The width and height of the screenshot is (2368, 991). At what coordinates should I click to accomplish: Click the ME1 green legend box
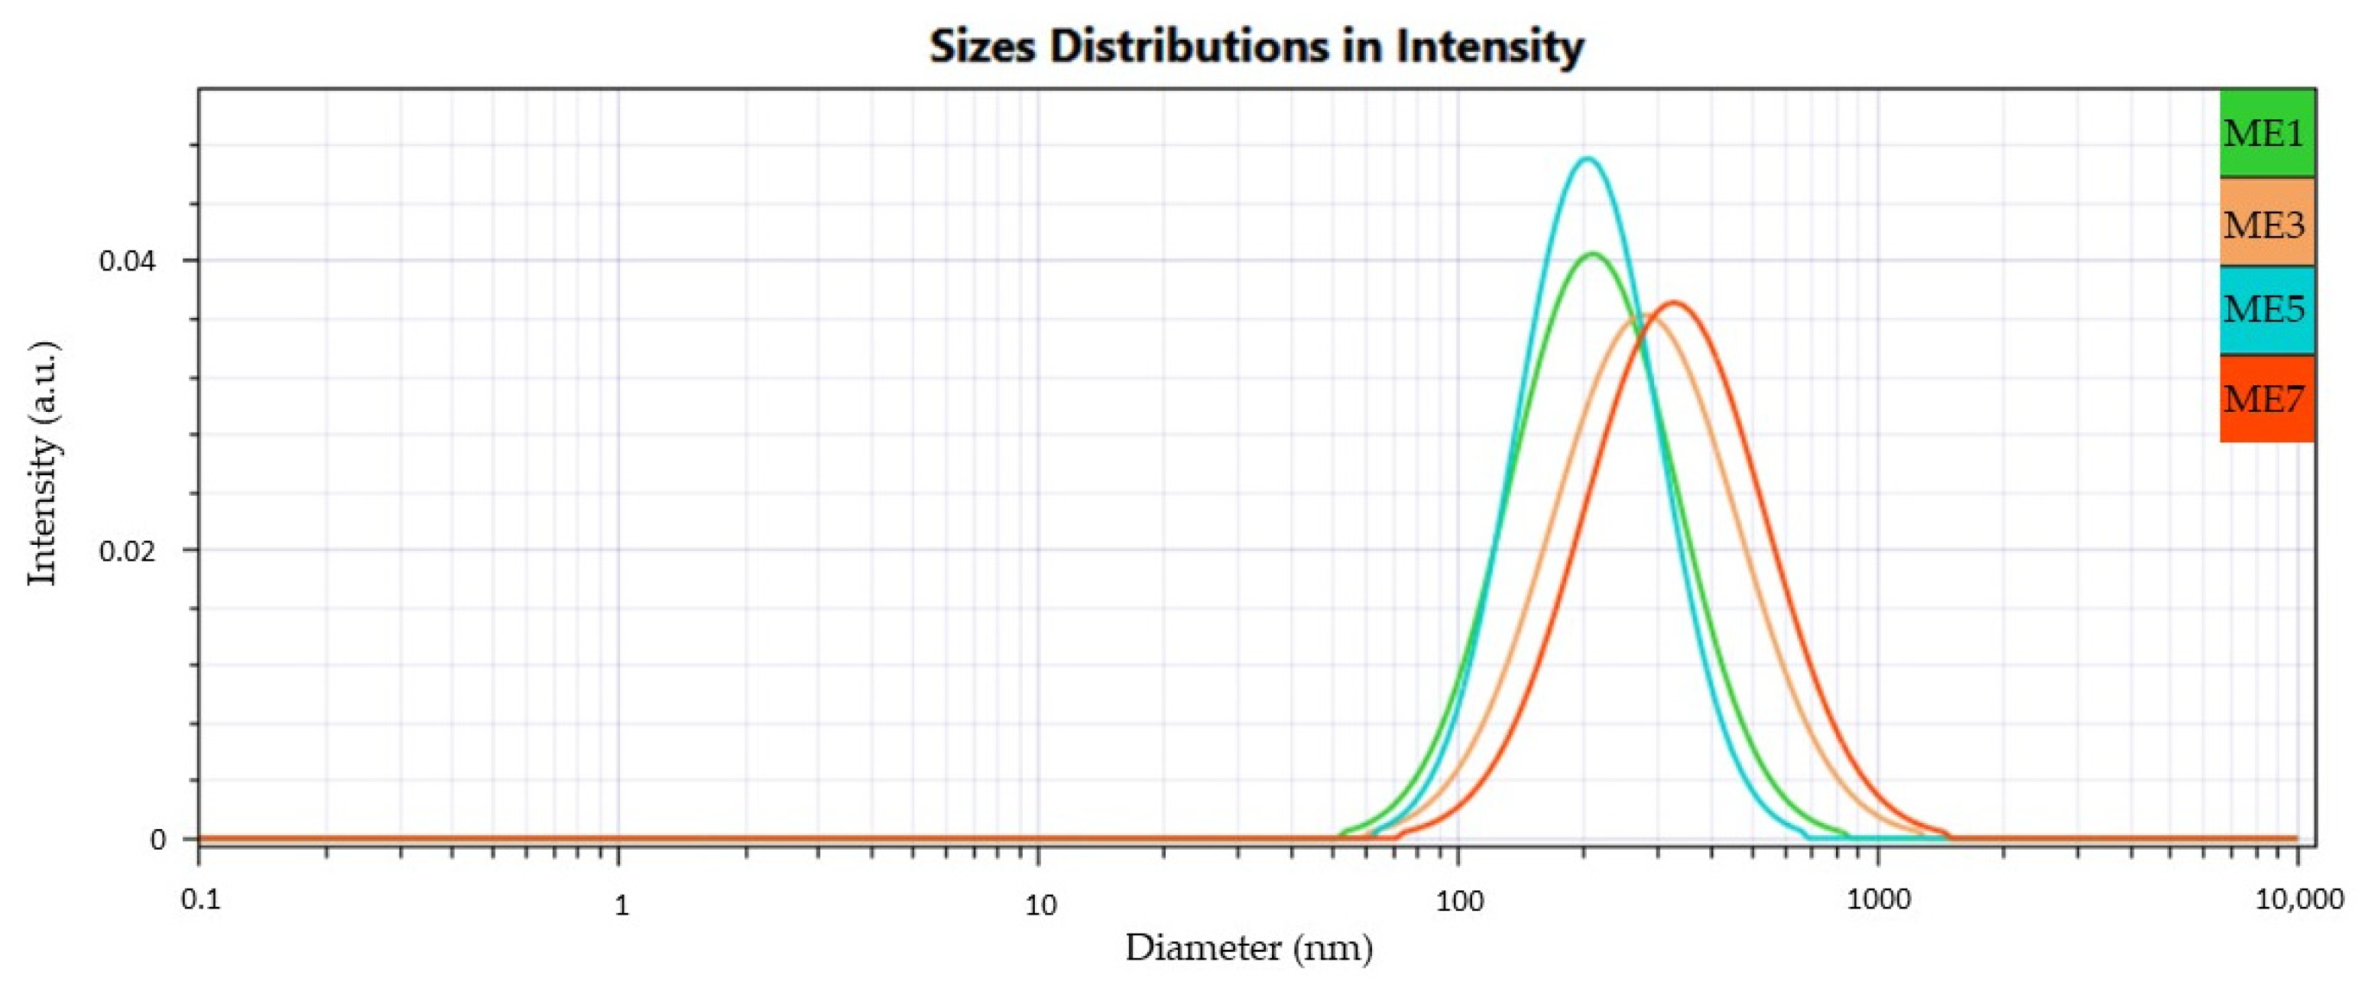(2266, 133)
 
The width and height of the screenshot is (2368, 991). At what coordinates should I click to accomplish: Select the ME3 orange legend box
(2266, 222)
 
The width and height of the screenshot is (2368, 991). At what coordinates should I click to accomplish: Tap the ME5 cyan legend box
(2266, 309)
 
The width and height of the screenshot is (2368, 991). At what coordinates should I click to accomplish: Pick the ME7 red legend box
(2266, 399)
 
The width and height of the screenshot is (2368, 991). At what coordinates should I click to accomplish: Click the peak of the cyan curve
(1587, 159)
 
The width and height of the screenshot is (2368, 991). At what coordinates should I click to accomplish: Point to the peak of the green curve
(1593, 254)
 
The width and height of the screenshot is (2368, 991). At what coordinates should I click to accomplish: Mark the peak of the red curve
(1675, 303)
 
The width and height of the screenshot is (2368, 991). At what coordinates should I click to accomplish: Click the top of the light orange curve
(1642, 316)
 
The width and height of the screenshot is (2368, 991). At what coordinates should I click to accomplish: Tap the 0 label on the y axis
(159, 839)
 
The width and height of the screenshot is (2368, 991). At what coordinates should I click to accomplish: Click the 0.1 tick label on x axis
(200, 901)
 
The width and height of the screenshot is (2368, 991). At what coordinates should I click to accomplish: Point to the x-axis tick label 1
(621, 905)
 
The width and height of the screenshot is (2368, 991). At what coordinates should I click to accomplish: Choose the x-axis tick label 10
(1040, 905)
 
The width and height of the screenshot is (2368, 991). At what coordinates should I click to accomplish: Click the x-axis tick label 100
(1459, 901)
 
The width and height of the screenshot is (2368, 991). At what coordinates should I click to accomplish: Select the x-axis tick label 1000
(1878, 901)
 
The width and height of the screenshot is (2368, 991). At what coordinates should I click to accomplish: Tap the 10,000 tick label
(2299, 901)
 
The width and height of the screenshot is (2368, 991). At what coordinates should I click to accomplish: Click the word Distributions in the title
(1189, 46)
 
